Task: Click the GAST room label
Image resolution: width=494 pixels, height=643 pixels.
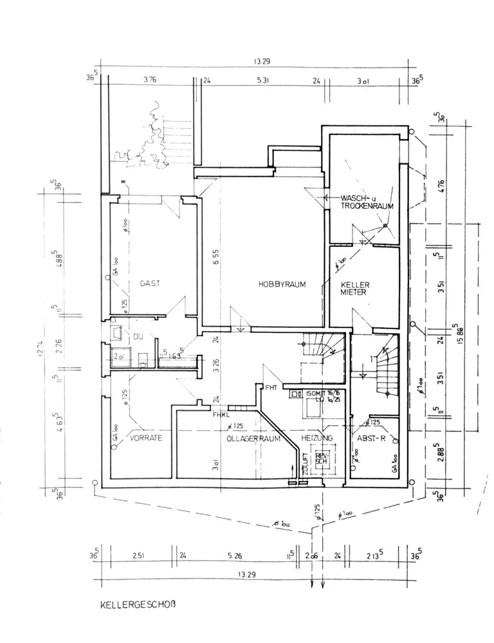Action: point(151,283)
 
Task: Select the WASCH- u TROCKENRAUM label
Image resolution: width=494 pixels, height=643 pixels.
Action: point(367,202)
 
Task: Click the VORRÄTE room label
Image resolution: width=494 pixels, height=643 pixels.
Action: point(145,437)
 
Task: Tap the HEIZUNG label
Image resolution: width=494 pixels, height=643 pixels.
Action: point(316,437)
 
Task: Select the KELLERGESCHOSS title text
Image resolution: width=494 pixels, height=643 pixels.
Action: point(138,604)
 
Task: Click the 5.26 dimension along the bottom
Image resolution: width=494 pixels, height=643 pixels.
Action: point(235,555)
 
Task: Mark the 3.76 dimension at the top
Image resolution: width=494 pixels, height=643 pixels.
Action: point(150,81)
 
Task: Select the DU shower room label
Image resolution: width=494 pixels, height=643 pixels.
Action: point(137,336)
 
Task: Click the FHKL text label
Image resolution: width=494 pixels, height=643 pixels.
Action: point(223,415)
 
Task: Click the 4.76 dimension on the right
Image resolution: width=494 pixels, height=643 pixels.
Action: point(441,186)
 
